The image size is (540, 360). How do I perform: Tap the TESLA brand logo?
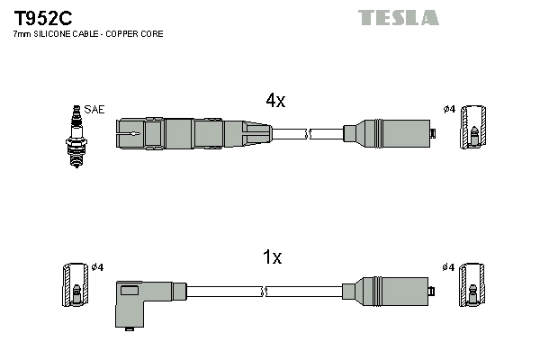point(398,18)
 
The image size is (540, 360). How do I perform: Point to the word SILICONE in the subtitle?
point(61,34)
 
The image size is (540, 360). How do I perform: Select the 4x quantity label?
point(274,102)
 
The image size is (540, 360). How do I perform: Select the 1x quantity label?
point(272,258)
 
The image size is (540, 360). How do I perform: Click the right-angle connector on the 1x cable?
point(140,303)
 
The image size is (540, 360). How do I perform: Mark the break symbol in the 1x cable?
point(265,292)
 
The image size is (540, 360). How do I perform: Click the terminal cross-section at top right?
point(474,127)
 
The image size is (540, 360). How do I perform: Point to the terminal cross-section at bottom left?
point(76,284)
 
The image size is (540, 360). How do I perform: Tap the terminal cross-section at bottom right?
point(474,284)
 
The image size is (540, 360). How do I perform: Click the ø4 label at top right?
point(449,110)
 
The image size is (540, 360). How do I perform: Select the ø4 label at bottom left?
point(98,267)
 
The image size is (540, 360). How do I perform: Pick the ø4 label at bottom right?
point(449,267)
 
